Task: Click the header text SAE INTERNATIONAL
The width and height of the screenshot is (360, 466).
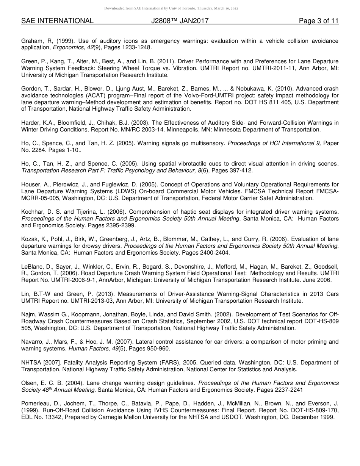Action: tap(57, 21)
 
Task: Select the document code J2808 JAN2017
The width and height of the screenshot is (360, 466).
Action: tap(180, 21)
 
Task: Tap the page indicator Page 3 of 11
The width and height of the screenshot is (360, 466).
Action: tap(318, 21)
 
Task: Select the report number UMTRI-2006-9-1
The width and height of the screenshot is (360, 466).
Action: tap(76, 280)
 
